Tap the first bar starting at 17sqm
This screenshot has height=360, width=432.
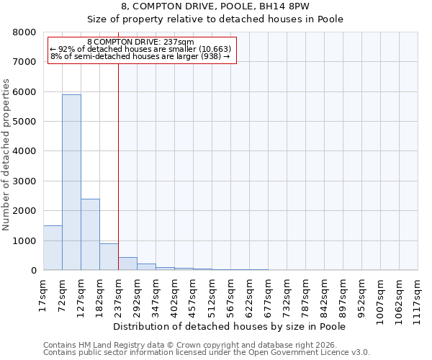(53, 248)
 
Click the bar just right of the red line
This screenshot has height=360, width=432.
(127, 264)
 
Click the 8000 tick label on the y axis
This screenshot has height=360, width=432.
(24, 32)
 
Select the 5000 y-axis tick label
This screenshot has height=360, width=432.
(24, 122)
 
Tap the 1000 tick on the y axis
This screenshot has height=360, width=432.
(24, 240)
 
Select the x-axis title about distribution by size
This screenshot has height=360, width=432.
(230, 326)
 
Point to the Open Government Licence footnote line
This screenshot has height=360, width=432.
(207, 353)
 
